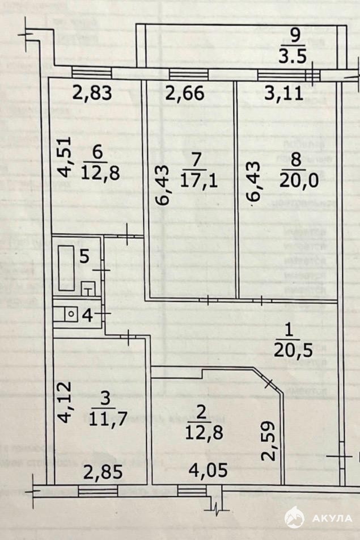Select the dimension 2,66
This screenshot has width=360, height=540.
(183, 93)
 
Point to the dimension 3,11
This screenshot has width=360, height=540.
(281, 93)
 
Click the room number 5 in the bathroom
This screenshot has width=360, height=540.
(84, 256)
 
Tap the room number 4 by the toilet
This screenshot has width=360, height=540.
(87, 315)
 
